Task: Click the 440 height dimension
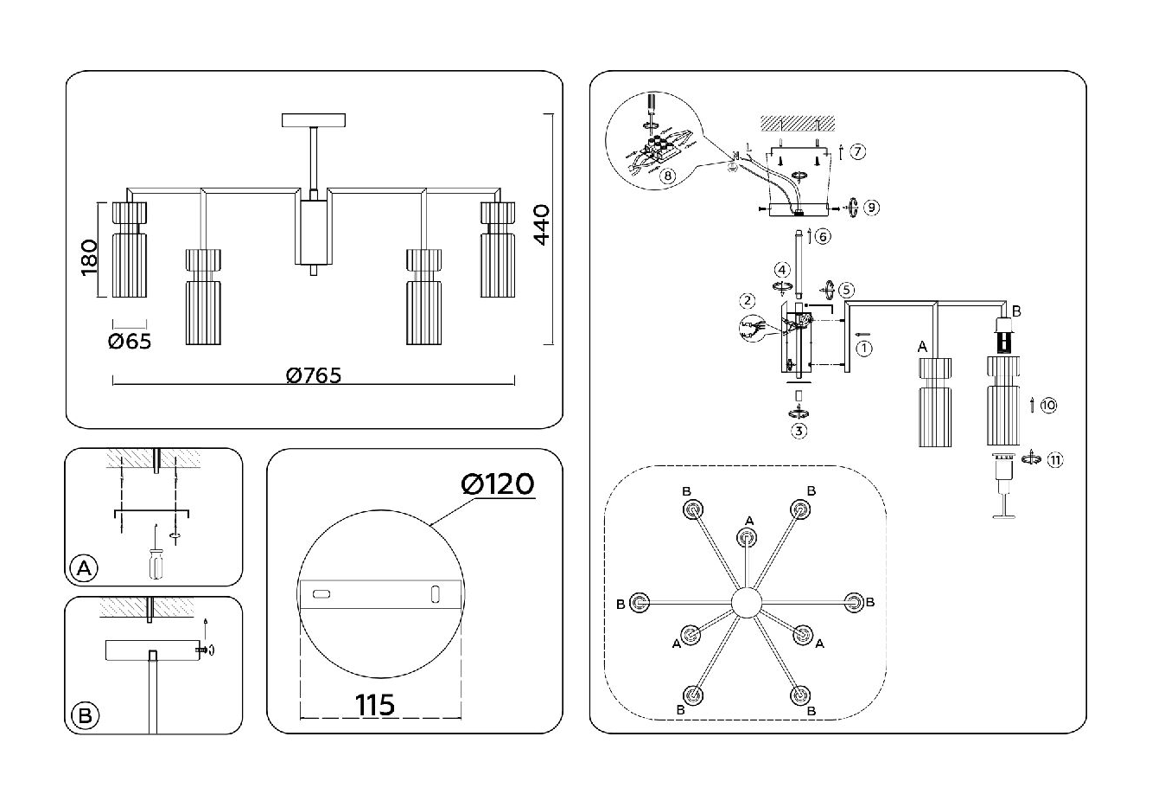(x=541, y=226)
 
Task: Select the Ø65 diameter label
(x=130, y=342)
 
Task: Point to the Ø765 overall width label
(x=313, y=375)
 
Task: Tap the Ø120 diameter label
(x=498, y=484)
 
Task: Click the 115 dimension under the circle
(x=375, y=705)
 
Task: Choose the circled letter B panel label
(x=84, y=716)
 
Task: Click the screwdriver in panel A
(x=155, y=562)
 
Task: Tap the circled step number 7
(x=856, y=152)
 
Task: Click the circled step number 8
(x=666, y=175)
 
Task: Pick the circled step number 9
(x=872, y=207)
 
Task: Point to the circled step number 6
(x=823, y=236)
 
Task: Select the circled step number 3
(x=799, y=430)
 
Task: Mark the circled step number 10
(x=1048, y=405)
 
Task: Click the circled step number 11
(x=1054, y=460)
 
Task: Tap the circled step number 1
(x=865, y=348)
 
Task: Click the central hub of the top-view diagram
(x=746, y=602)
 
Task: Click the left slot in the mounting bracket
(x=321, y=593)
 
